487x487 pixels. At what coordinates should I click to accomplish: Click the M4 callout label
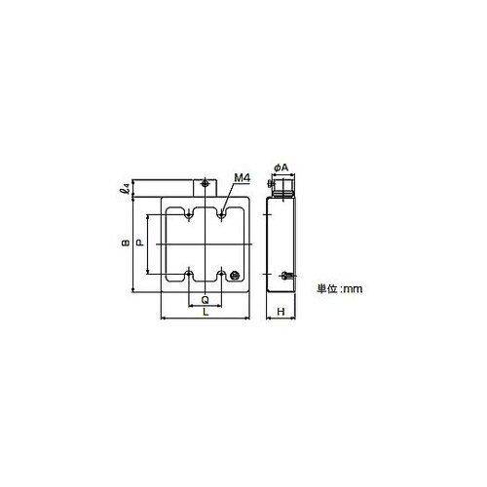tap(243, 178)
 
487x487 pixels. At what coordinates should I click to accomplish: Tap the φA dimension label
tap(281, 168)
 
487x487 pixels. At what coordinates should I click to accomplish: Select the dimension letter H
tap(281, 312)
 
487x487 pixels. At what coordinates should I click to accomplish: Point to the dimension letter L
tap(206, 312)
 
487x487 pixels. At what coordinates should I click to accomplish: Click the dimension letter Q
tap(206, 299)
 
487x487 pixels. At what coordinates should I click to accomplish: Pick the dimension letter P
tap(140, 243)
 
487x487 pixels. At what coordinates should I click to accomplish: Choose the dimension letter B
tap(126, 243)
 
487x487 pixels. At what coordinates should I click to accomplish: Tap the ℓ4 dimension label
tap(125, 188)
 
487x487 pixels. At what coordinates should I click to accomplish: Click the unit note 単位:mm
tap(340, 288)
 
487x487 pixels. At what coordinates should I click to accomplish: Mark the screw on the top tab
tap(205, 184)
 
